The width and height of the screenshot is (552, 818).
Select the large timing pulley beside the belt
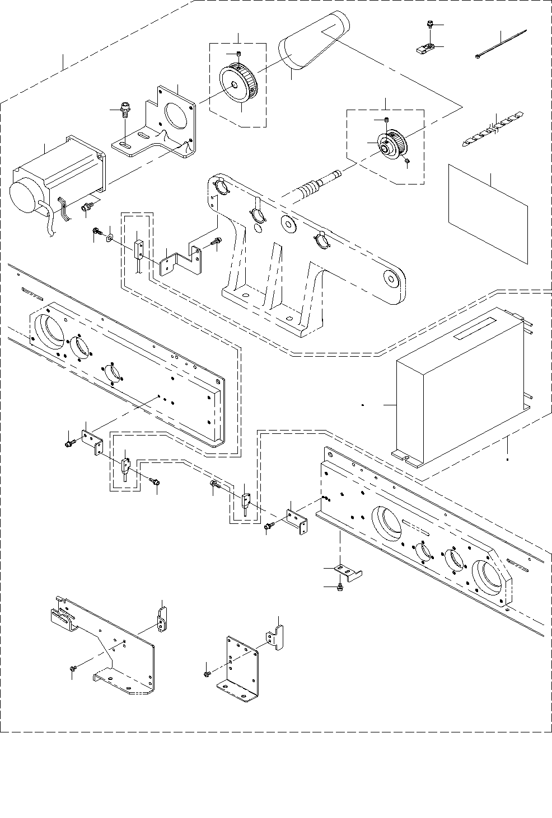tap(238, 84)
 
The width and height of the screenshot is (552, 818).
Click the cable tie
tap(501, 44)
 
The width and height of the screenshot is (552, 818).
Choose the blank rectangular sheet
tap(488, 214)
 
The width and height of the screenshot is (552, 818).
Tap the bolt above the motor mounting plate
tap(125, 108)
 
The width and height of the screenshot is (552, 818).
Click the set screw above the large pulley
tap(238, 54)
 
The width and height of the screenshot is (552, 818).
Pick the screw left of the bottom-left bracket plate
tap(72, 668)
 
